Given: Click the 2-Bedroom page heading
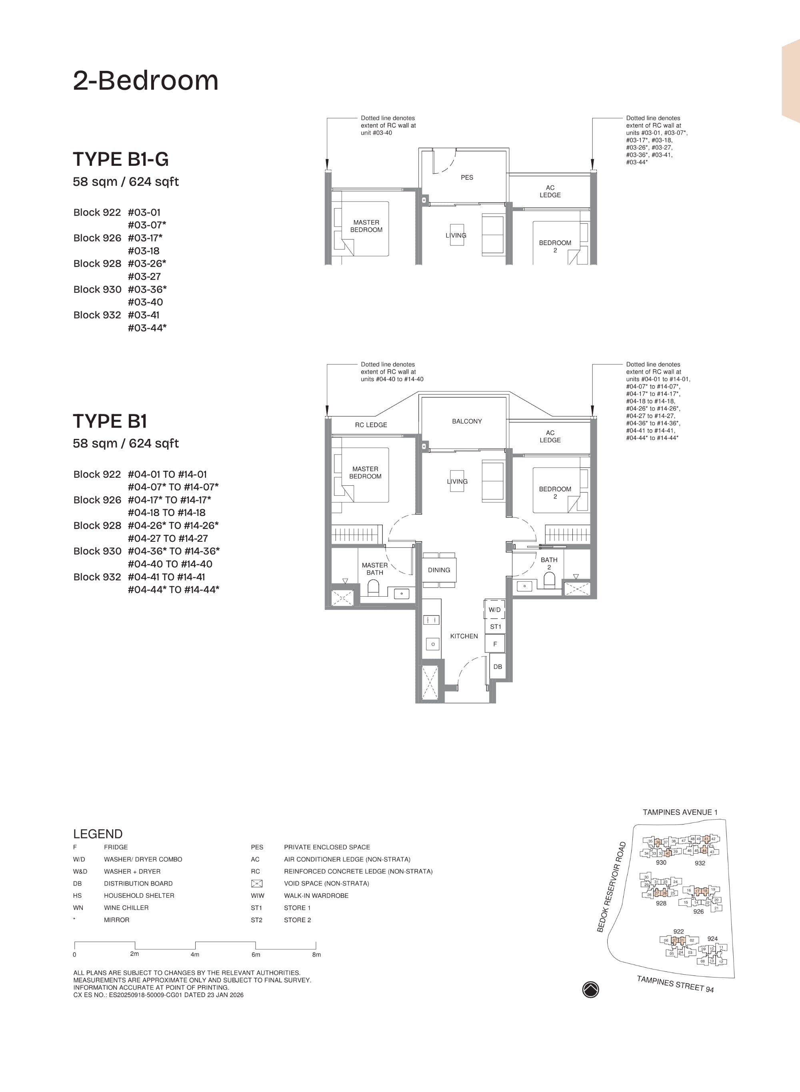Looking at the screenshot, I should (145, 80).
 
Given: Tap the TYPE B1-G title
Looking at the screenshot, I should (120, 159).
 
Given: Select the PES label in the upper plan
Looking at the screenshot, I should (467, 177).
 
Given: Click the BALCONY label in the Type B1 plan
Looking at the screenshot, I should (467, 421).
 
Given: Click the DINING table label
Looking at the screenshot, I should (439, 570).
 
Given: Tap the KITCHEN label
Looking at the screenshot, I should (464, 636).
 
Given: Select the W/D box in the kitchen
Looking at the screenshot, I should (494, 610).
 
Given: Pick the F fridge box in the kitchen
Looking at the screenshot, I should (495, 644).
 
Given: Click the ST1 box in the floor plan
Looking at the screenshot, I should (495, 627).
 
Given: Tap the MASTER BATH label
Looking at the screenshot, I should (375, 569).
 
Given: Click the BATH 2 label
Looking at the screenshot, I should (549, 563).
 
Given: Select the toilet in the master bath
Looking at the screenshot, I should (373, 588).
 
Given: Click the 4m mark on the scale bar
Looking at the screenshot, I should (195, 954).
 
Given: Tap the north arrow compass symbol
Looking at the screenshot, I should (590, 989).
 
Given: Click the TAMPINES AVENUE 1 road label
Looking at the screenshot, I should (680, 812).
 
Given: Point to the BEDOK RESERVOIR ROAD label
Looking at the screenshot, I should (612, 887).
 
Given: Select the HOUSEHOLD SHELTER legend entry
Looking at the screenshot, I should (139, 896).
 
